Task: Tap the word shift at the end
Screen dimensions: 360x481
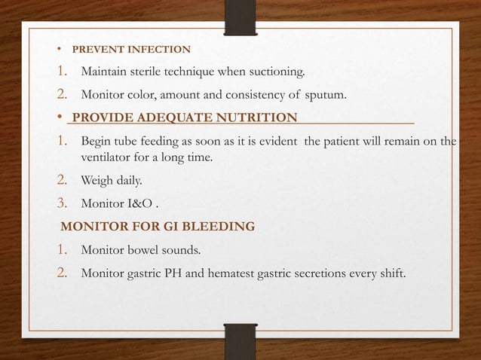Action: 390,272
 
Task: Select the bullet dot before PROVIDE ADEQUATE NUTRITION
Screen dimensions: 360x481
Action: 60,118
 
